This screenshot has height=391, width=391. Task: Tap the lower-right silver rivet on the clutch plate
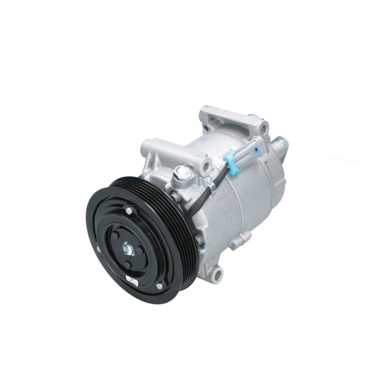coord(160,286)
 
